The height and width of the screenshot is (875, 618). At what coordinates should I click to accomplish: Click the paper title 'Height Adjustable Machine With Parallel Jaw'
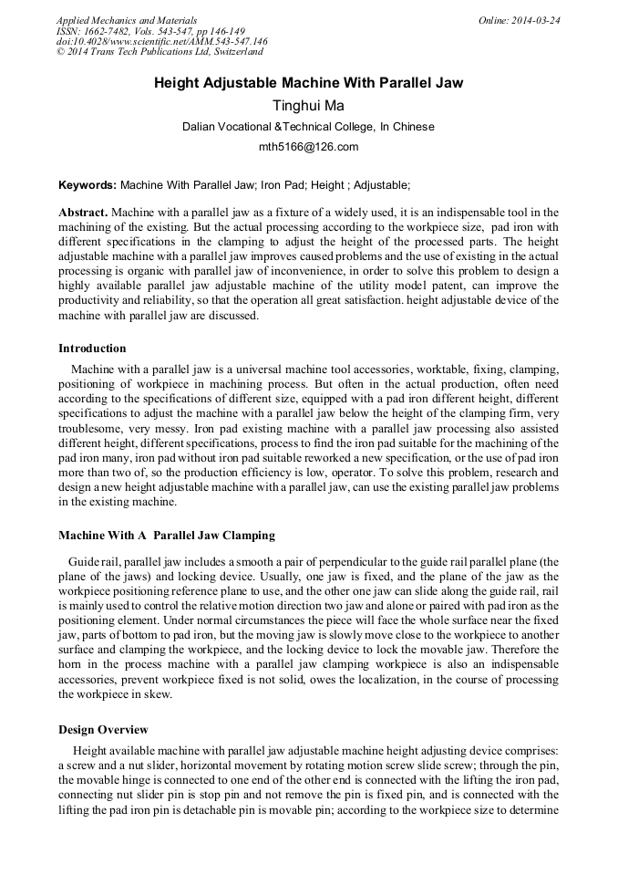tap(308, 83)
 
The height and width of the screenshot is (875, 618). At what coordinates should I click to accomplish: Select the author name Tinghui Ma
tap(308, 106)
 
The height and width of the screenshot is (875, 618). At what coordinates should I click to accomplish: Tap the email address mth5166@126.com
tap(308, 146)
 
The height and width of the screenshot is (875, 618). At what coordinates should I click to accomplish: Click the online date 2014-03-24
tap(536, 20)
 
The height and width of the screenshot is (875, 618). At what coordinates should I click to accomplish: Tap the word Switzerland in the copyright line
tap(233, 53)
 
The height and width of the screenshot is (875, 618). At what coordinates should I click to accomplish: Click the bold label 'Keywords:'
tap(87, 184)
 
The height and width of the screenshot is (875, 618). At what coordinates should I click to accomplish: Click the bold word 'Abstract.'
tap(83, 213)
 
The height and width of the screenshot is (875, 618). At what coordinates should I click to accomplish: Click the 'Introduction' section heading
tap(92, 348)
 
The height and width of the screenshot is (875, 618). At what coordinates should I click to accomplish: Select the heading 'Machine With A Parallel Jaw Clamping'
tap(166, 535)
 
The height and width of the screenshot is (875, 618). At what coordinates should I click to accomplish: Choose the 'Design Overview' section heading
tap(103, 729)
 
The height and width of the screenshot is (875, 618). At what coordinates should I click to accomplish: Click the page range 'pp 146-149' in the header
tap(212, 31)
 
